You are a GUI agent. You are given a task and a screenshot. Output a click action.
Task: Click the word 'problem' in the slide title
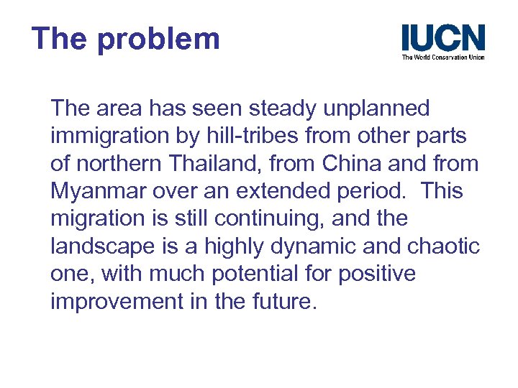point(158,39)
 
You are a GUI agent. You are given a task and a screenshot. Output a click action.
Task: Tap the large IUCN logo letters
point(442,37)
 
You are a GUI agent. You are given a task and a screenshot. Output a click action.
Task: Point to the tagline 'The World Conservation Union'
point(442,57)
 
